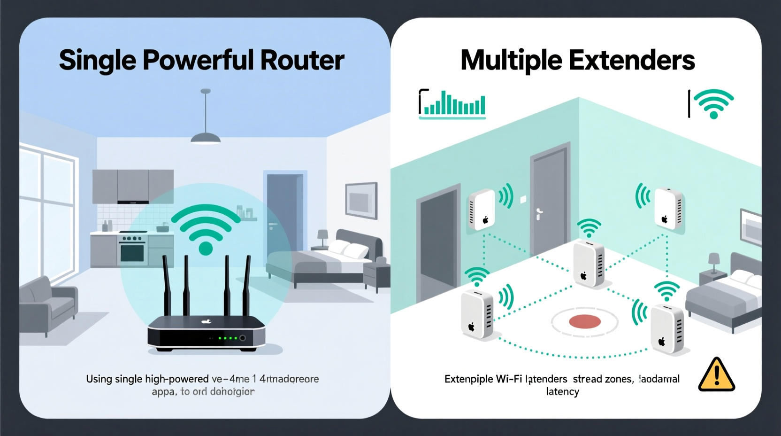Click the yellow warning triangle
(x=716, y=375)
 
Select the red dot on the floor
(x=585, y=322)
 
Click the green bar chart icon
(x=452, y=104)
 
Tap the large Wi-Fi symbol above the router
(x=206, y=228)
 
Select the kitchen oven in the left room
(x=133, y=249)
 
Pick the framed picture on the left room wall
(x=361, y=200)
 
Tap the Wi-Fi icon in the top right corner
(x=713, y=103)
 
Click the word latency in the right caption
(x=562, y=392)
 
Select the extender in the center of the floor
(x=588, y=263)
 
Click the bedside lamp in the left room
(x=322, y=238)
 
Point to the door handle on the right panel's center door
(x=539, y=214)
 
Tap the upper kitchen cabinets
(x=133, y=186)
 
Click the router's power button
(x=243, y=338)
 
